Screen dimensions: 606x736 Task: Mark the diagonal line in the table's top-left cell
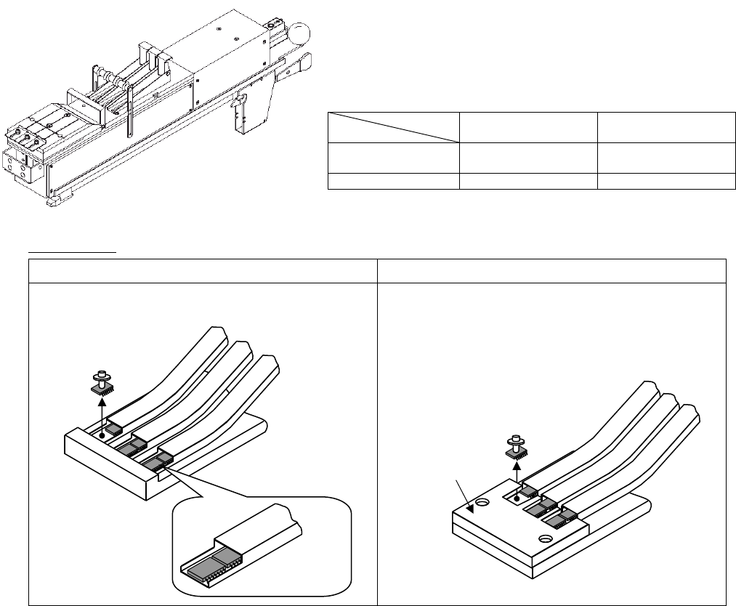393,126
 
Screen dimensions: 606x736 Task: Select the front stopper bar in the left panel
109,461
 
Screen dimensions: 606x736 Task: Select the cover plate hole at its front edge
546,538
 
